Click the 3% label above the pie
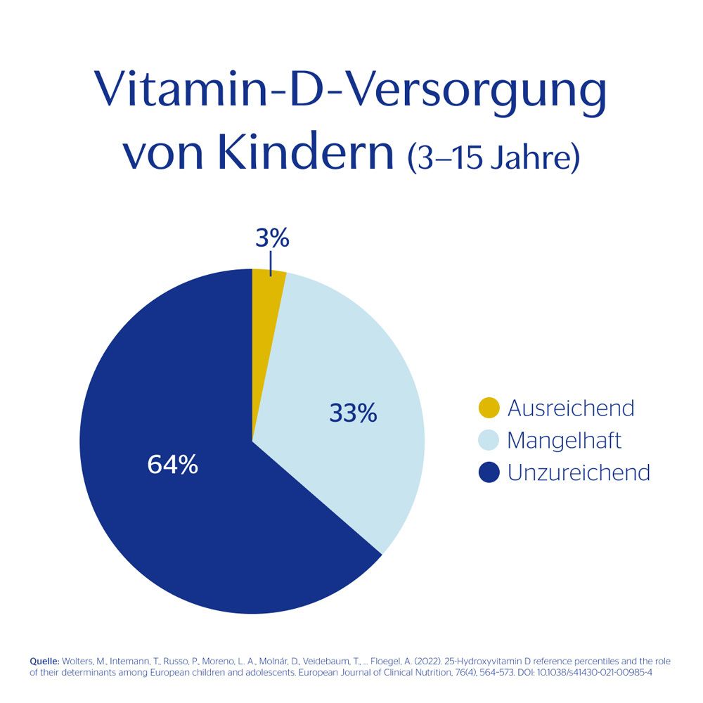272,239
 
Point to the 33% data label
353,413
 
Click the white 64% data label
172,465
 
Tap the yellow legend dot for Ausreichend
488,408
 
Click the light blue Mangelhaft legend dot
488,440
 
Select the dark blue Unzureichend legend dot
488,472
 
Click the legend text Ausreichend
570,408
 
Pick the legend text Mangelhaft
564,441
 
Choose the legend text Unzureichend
578,472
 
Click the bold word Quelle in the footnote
44,662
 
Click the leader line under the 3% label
271,264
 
